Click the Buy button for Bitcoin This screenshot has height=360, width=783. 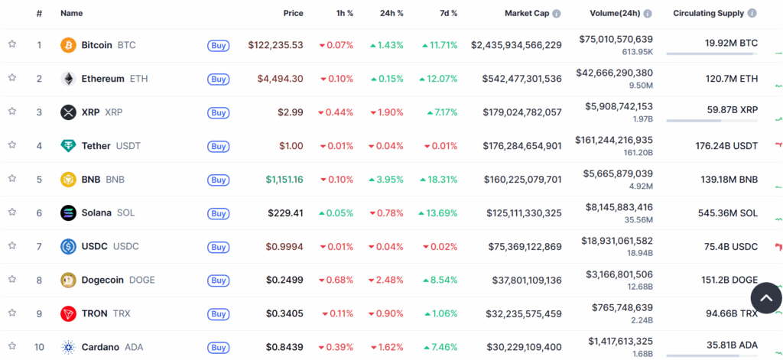pyautogui.click(x=218, y=45)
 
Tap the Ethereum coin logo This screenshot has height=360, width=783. pyautogui.click(x=68, y=79)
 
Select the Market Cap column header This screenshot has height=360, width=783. pyautogui.click(x=528, y=13)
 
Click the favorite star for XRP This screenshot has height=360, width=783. pyautogui.click(x=12, y=112)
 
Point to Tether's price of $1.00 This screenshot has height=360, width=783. pyautogui.click(x=291, y=146)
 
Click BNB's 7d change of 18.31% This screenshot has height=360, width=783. pyautogui.click(x=440, y=180)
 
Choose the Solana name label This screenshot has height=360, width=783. pyautogui.click(x=96, y=212)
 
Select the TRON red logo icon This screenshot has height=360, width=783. pyautogui.click(x=68, y=313)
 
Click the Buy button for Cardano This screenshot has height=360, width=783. pyautogui.click(x=218, y=347)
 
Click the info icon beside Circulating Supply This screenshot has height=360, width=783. pyautogui.click(x=752, y=13)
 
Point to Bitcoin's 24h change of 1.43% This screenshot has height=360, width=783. pyautogui.click(x=386, y=45)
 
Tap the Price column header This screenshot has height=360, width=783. pyautogui.click(x=293, y=13)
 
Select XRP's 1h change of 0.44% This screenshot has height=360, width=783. pyautogui.click(x=336, y=112)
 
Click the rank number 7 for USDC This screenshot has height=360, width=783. pyautogui.click(x=39, y=246)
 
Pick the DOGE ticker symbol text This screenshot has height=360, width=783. pyautogui.click(x=141, y=280)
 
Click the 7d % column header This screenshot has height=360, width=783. pyautogui.click(x=449, y=13)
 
